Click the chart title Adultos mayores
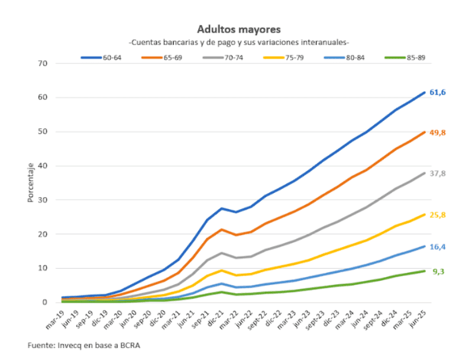point(239,29)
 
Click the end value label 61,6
point(437,92)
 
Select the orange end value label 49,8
point(437,133)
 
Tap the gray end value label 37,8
point(437,173)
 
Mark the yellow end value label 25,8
point(437,214)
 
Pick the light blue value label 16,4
point(437,246)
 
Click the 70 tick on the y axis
point(43,63)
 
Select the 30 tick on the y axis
point(43,200)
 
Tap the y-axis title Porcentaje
point(30,183)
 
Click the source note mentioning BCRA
point(85,345)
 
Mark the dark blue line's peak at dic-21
point(221,208)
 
